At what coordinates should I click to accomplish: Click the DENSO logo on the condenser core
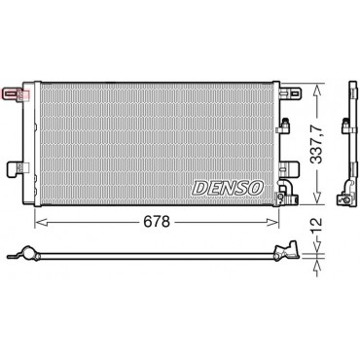(228, 188)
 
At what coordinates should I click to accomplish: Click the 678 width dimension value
(157, 222)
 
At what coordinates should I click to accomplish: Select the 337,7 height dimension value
(316, 144)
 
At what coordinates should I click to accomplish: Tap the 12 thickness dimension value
(316, 226)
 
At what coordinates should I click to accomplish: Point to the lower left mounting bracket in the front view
(18, 168)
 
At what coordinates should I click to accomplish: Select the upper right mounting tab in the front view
(291, 93)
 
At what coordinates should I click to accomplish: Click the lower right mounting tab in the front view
(291, 169)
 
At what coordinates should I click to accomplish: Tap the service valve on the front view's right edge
(284, 126)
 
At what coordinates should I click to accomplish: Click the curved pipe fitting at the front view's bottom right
(286, 192)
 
